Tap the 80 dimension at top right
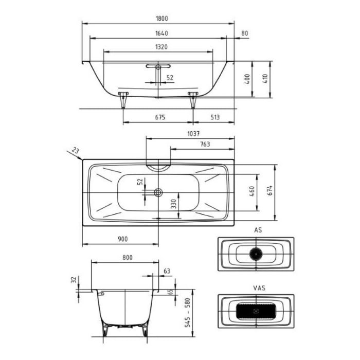(244, 33)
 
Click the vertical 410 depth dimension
(265, 79)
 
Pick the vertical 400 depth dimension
(247, 79)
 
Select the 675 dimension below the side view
(159, 117)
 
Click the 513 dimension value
(214, 117)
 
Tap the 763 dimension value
(204, 145)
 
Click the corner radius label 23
(76, 151)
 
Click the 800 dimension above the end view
(127, 257)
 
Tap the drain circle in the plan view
(158, 192)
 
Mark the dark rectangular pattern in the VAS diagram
(256, 312)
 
